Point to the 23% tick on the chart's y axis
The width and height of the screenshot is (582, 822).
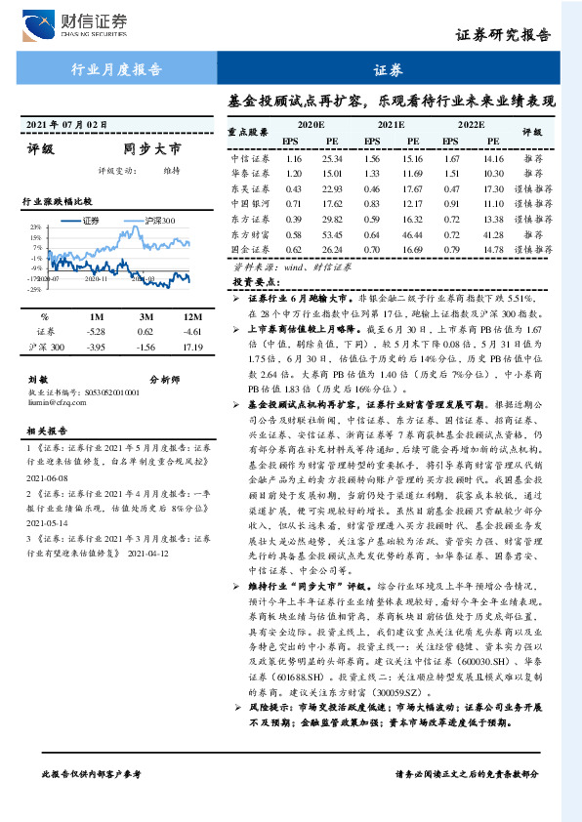click(x=35, y=226)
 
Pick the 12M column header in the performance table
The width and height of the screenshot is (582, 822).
click(x=191, y=317)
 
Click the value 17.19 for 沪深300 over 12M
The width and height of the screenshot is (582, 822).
click(x=191, y=347)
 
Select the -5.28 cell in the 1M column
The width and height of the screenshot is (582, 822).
click(x=96, y=332)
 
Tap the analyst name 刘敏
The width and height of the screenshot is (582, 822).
click(x=38, y=378)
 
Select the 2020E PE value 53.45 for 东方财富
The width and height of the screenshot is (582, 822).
click(x=332, y=234)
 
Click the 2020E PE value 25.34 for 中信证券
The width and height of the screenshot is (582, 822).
click(x=332, y=158)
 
